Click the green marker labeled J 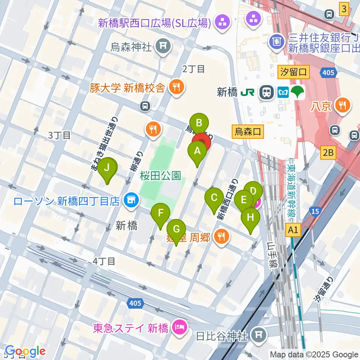pyautogui.click(x=107, y=168)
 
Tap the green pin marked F pyautogui.click(x=160, y=214)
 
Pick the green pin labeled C pyautogui.click(x=214, y=198)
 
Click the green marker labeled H pyautogui.click(x=250, y=217)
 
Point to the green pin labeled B pyautogui.click(x=199, y=123)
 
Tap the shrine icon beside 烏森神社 pyautogui.click(x=163, y=46)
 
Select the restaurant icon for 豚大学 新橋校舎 pyautogui.click(x=175, y=88)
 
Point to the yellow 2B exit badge pyautogui.click(x=328, y=152)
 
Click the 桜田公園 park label pyautogui.click(x=161, y=175)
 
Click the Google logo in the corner pyautogui.click(x=25, y=351)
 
